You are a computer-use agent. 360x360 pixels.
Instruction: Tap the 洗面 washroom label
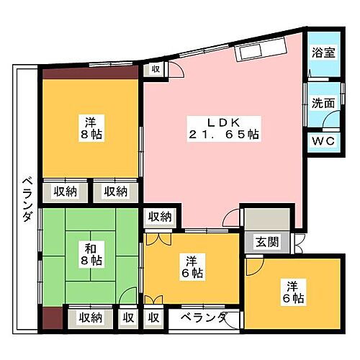323,103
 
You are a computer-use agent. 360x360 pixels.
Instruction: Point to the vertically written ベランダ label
27,199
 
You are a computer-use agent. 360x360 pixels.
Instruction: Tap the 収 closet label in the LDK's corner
156,68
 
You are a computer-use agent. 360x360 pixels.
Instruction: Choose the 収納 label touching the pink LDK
161,217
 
